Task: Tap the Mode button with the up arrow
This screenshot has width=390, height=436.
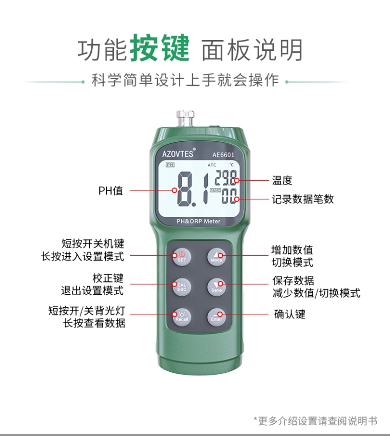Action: [x=217, y=257]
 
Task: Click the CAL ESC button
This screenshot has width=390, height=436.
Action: [x=182, y=287]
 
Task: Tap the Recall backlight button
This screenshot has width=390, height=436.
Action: [x=182, y=317]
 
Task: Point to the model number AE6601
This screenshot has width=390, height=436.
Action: [x=223, y=155]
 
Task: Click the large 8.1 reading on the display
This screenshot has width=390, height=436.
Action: [x=193, y=189]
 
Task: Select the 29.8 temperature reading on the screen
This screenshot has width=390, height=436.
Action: [x=226, y=178]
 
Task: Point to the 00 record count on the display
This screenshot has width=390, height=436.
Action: [x=229, y=196]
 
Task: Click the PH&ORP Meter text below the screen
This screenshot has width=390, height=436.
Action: [x=198, y=221]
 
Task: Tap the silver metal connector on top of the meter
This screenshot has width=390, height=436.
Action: [x=185, y=119]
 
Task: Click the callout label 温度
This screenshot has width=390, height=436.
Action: [x=282, y=180]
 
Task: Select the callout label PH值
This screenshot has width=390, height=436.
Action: [x=110, y=191]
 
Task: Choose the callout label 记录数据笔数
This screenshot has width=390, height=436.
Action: [x=303, y=199]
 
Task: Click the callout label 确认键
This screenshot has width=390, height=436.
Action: [x=290, y=314]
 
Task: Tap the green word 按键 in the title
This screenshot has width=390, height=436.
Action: [x=160, y=48]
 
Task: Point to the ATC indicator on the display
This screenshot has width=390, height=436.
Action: [x=211, y=165]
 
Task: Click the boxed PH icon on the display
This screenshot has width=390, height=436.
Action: [x=170, y=165]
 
